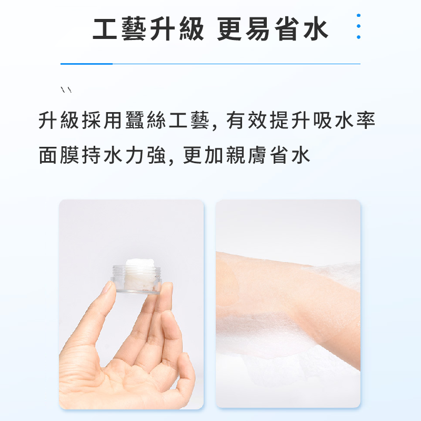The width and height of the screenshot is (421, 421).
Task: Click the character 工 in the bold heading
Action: tap(105, 29)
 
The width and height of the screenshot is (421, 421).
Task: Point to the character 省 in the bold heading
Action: tap(287, 29)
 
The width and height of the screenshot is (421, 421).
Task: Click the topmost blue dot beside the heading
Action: tap(358, 16)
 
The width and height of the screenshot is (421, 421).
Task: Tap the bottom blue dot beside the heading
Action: tap(358, 37)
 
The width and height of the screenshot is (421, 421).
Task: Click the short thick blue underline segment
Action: tap(86, 64)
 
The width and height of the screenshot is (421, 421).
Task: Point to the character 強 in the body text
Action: tap(157, 155)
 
